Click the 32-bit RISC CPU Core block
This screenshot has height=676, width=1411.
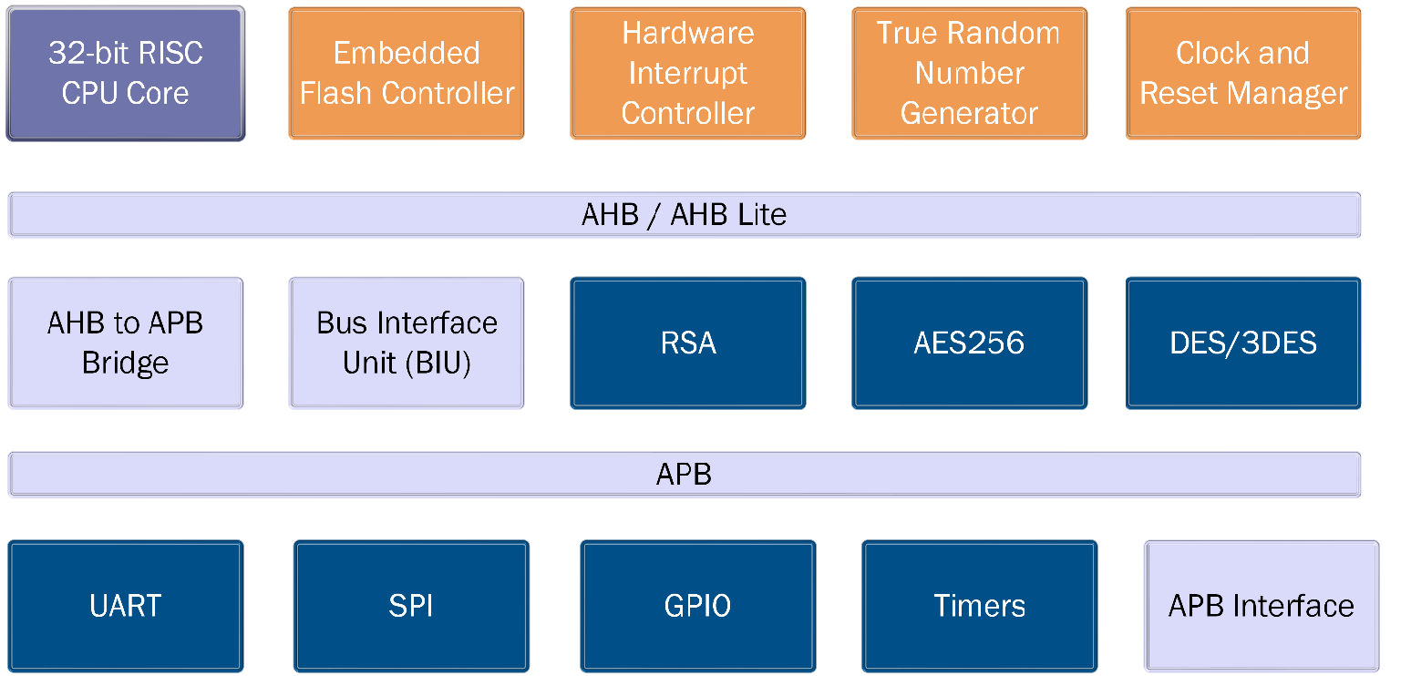(x=126, y=74)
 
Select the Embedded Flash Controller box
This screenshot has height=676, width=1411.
(x=407, y=74)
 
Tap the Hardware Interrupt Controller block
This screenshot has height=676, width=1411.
(x=688, y=74)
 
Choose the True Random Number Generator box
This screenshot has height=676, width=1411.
(x=969, y=74)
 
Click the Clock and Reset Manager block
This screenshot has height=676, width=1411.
(x=1243, y=74)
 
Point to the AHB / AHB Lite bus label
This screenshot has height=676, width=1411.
(x=684, y=215)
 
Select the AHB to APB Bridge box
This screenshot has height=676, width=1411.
(x=126, y=343)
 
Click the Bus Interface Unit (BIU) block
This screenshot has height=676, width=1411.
(x=407, y=343)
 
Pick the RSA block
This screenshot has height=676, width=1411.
(x=688, y=343)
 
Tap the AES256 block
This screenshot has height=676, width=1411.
(x=969, y=343)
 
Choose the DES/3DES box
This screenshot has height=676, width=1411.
(x=1243, y=343)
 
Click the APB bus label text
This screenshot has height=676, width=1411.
(x=684, y=475)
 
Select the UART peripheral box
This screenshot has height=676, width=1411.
(x=126, y=606)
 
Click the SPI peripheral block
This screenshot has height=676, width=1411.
(x=411, y=606)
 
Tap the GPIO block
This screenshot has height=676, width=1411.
(x=698, y=606)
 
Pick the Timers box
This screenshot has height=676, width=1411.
(x=980, y=606)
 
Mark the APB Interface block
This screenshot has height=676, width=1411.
(x=1262, y=606)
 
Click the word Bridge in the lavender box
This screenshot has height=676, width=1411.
(x=126, y=363)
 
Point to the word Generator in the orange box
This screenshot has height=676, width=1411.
(x=969, y=114)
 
